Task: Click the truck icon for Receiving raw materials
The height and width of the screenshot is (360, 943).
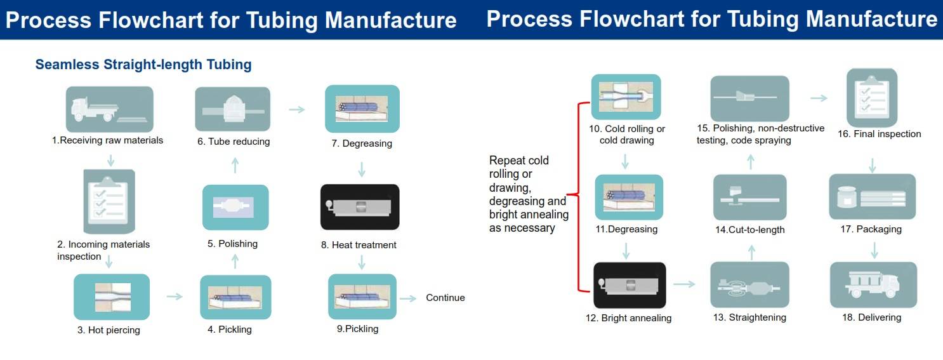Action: tap(109, 109)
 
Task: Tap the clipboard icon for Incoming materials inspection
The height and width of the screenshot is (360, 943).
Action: tap(109, 201)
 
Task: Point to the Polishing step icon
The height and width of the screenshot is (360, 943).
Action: tap(235, 207)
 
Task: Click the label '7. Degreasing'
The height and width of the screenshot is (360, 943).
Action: tap(362, 143)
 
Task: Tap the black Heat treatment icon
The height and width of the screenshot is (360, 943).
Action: tap(360, 207)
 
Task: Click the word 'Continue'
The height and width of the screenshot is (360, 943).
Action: tap(445, 298)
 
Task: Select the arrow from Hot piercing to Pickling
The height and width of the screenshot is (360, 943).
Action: tap(175, 297)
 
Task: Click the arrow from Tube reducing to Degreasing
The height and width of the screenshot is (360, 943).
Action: tap(296, 110)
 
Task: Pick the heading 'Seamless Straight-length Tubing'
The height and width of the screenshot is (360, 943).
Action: tap(143, 65)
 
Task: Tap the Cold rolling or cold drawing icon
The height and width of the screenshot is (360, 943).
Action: tap(626, 97)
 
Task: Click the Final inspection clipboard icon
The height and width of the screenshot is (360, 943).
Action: tap(871, 98)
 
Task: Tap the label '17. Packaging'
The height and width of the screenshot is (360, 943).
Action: tap(871, 229)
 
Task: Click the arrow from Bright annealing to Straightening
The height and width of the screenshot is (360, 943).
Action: tap(684, 284)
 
